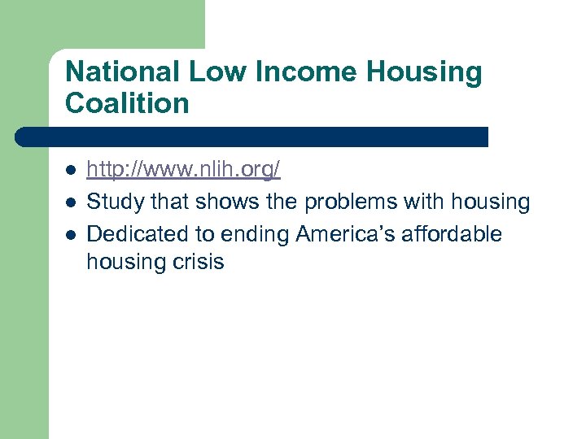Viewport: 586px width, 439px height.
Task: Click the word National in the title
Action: (x=123, y=72)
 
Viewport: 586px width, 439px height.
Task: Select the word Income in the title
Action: (x=305, y=72)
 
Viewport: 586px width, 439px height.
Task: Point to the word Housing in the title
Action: (x=424, y=73)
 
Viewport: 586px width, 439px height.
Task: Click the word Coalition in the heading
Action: (x=127, y=103)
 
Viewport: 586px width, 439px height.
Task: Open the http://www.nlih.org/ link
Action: (x=183, y=170)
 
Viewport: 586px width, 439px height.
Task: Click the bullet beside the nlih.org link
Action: (x=71, y=171)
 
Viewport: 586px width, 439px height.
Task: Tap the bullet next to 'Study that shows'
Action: (x=71, y=202)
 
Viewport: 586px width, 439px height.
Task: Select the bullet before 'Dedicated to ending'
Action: (x=71, y=234)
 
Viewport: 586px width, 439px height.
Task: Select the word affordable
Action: (x=452, y=234)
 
